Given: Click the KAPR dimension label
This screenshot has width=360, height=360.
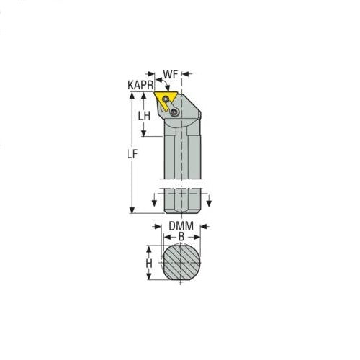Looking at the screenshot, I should [x=140, y=84].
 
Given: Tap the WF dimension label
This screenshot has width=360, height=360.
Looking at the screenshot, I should [x=170, y=73].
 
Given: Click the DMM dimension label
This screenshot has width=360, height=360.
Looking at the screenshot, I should [x=180, y=225].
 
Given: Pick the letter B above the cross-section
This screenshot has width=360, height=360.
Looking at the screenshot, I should [x=181, y=235].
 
